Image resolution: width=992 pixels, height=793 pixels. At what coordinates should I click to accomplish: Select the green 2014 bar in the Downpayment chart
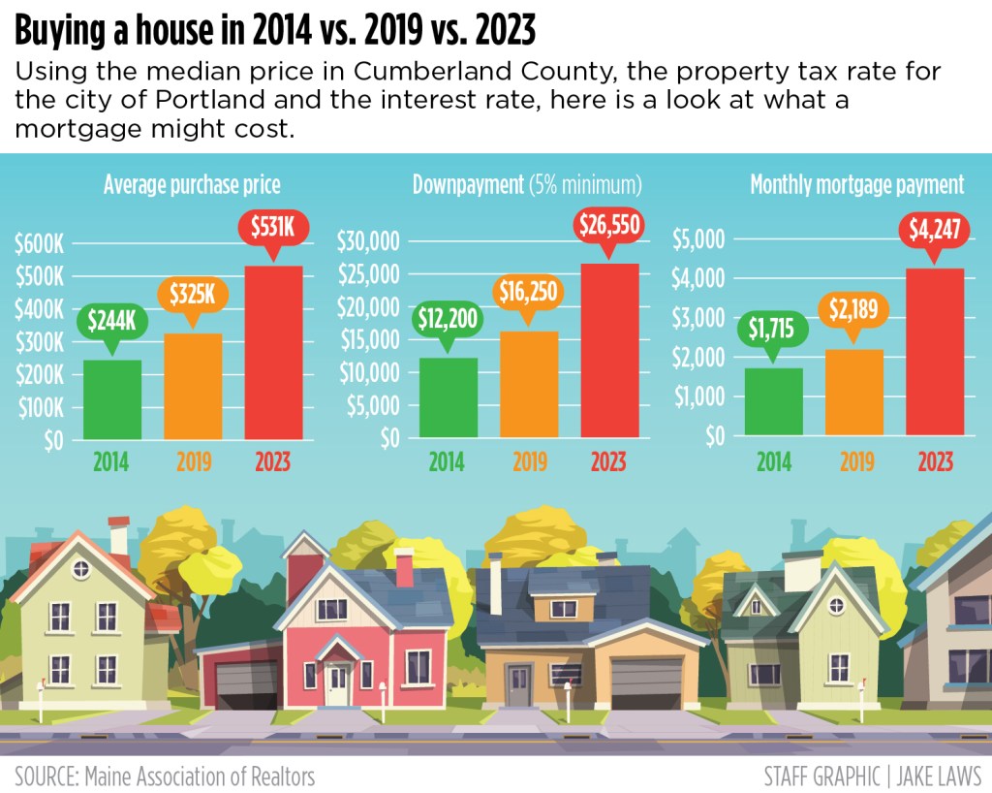(448, 397)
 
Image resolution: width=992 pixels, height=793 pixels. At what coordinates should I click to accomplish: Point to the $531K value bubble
(274, 229)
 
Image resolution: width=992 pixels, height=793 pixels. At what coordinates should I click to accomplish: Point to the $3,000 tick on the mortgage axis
(698, 318)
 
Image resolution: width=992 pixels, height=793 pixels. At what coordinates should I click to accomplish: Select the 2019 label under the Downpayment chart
(530, 461)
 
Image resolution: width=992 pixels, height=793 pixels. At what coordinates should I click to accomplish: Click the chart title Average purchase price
(192, 185)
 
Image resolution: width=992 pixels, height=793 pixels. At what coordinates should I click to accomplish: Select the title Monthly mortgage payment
(856, 185)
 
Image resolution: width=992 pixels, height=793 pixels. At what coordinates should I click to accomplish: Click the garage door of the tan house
(646, 683)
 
